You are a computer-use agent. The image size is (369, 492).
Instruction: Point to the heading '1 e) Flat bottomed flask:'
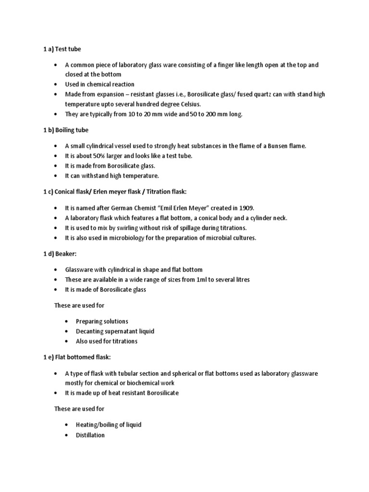tap(81, 357)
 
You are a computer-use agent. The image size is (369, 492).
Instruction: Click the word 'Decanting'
tap(91, 331)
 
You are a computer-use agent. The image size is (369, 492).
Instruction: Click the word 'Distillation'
tap(90, 435)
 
